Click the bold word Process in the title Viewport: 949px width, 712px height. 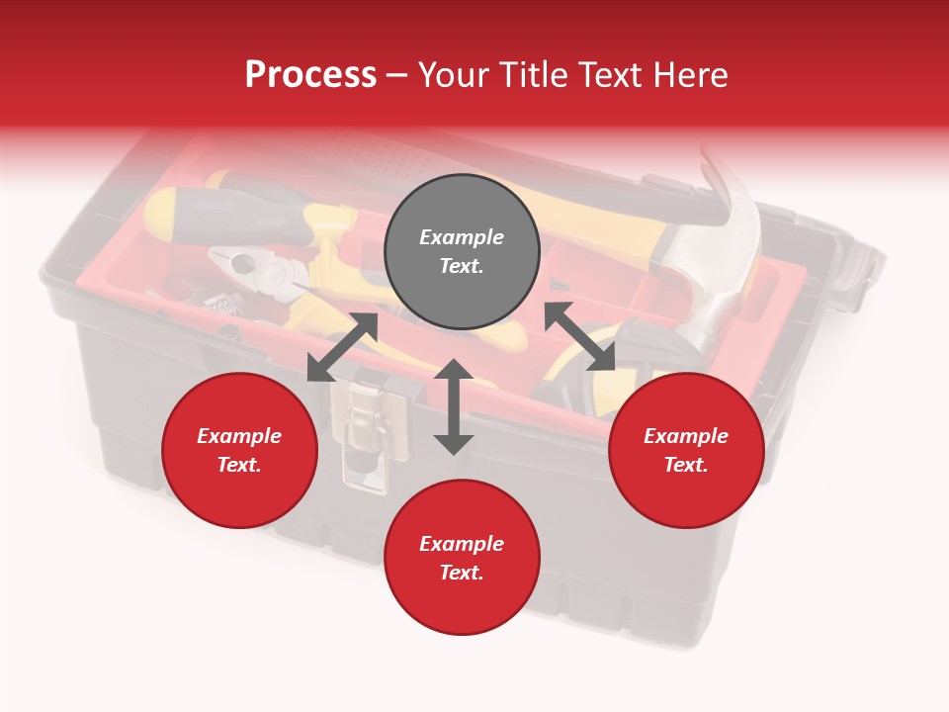310,75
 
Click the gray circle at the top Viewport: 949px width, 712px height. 462,251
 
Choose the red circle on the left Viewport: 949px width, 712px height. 239,450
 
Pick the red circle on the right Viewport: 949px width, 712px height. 686,450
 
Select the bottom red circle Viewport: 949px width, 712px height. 462,558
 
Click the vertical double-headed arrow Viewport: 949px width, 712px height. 454,406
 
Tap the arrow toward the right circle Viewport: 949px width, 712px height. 579,337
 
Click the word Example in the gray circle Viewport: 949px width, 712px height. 462,237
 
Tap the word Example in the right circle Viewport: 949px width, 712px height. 686,436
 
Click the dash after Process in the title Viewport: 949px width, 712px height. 396,75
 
